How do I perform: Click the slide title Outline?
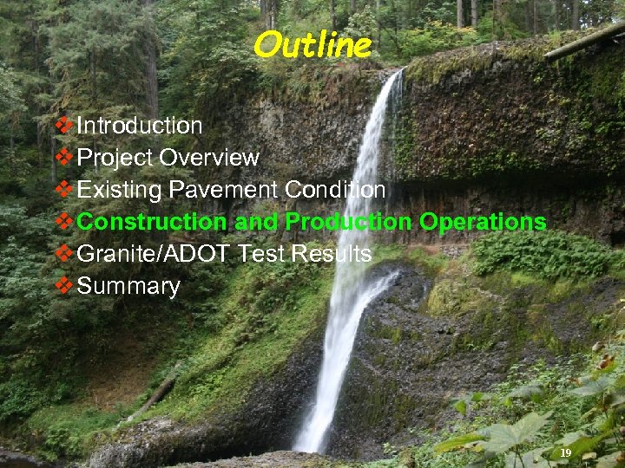(312, 45)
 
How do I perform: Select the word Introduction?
(140, 126)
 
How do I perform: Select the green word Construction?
(154, 222)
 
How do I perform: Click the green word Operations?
(483, 222)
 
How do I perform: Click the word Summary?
(128, 287)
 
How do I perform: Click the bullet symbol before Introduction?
(64, 126)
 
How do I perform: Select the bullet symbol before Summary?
(64, 286)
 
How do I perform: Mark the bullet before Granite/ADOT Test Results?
(64, 254)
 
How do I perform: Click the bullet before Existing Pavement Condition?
(64, 190)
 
